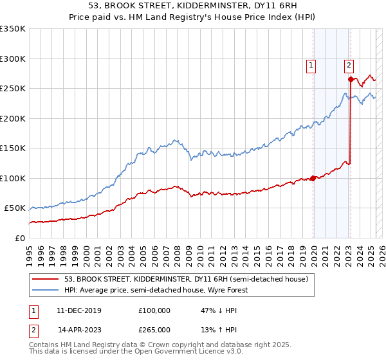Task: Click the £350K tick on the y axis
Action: click(x=13, y=29)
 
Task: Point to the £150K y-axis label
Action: click(x=13, y=148)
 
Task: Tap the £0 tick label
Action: click(x=19, y=238)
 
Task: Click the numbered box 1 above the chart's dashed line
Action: click(x=311, y=64)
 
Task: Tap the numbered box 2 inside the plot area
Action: click(x=349, y=64)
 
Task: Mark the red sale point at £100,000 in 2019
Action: click(x=313, y=178)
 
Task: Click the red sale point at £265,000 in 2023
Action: click(x=351, y=80)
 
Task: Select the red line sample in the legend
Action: click(x=46, y=279)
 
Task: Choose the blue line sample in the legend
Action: click(x=46, y=290)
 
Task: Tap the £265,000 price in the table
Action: click(x=154, y=330)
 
